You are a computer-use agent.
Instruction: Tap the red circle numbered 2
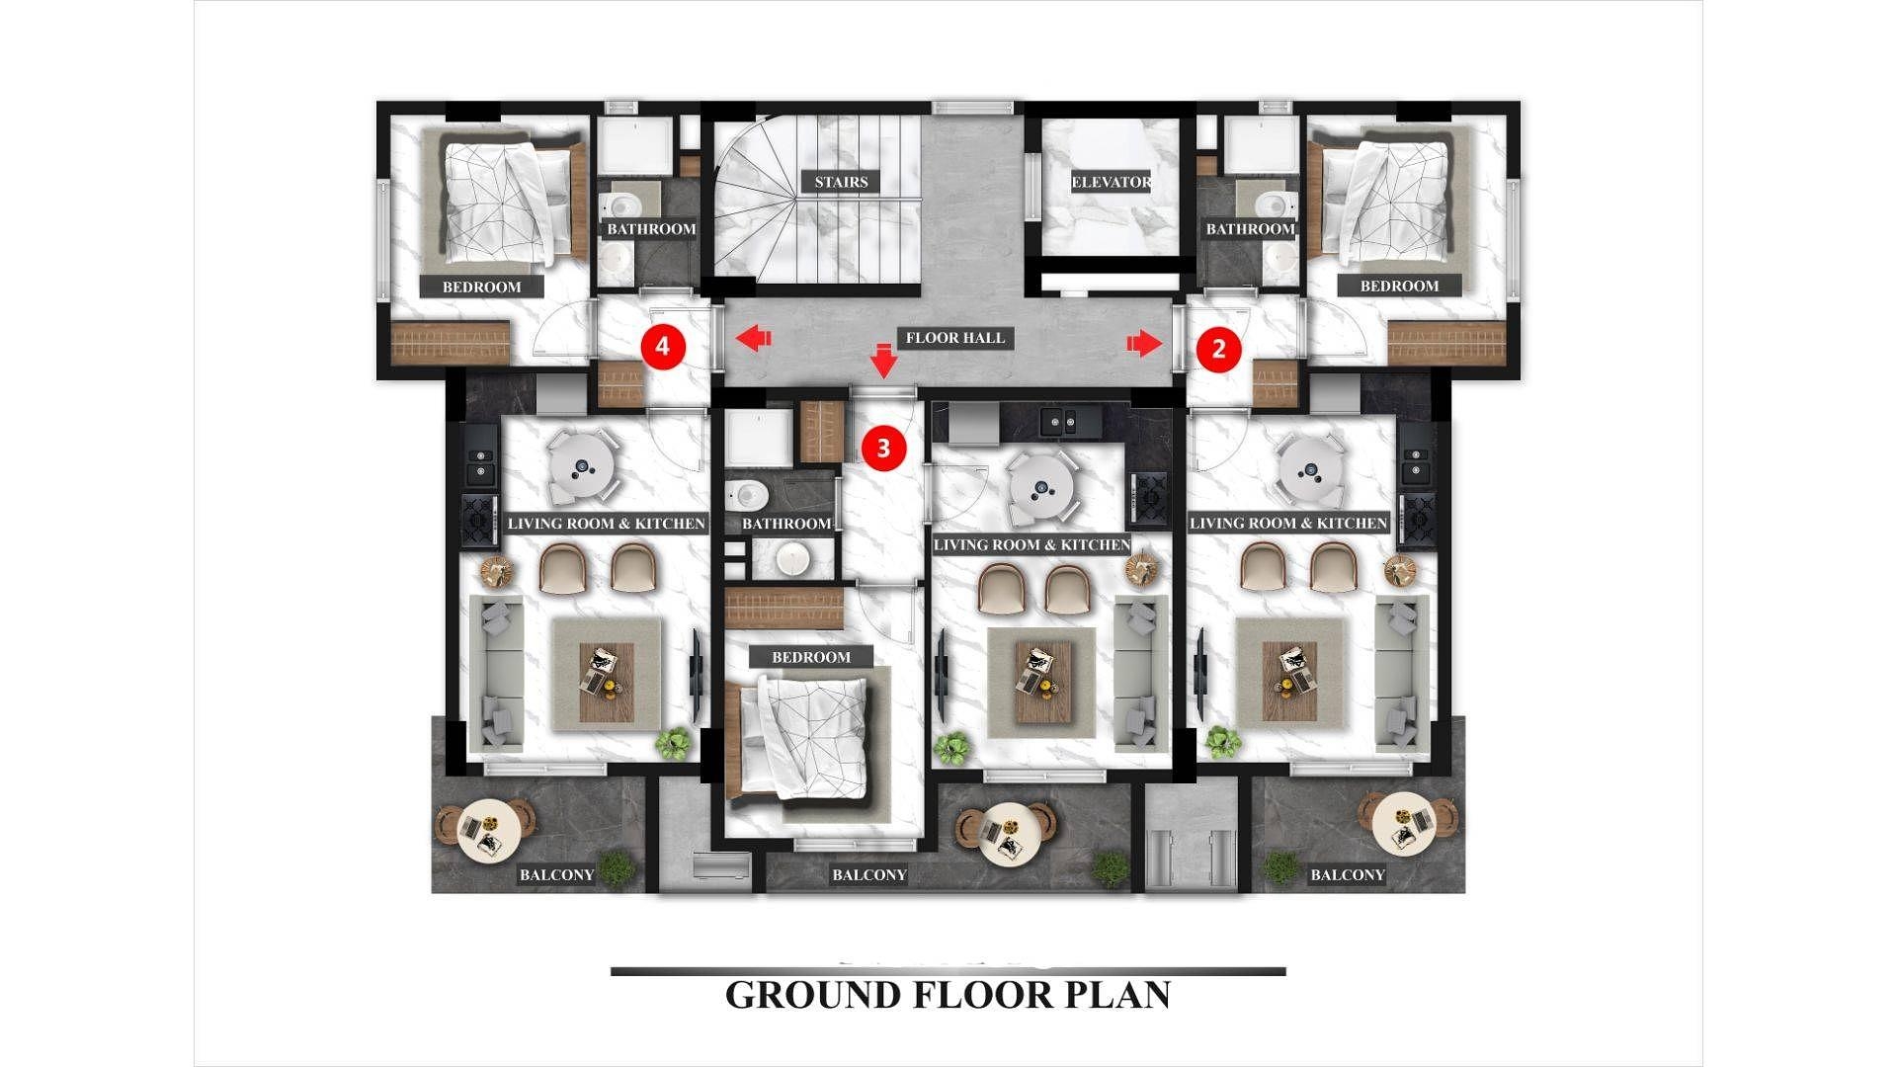point(1218,348)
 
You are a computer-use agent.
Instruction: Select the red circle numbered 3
point(883,449)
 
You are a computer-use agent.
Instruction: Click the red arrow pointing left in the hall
point(753,339)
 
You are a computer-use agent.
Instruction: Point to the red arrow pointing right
point(1144,344)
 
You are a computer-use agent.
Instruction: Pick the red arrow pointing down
point(884,362)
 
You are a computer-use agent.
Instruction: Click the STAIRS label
point(842,182)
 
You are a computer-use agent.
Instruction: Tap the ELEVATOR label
point(1112,182)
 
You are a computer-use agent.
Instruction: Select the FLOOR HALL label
point(955,338)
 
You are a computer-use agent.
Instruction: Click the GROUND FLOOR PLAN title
point(948,995)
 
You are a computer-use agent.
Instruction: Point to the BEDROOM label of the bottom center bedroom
point(811,657)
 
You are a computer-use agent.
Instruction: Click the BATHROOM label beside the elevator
point(1250,229)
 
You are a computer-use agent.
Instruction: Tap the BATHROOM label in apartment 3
point(786,524)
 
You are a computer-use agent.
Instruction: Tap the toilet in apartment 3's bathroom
point(740,491)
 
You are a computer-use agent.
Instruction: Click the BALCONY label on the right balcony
point(1348,875)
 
